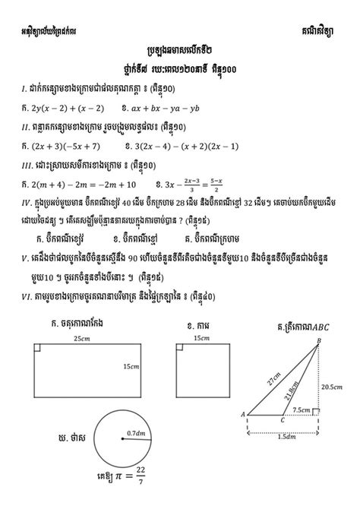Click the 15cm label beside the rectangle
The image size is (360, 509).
(131, 368)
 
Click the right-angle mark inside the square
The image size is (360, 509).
(180, 348)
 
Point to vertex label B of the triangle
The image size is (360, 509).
(319, 340)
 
